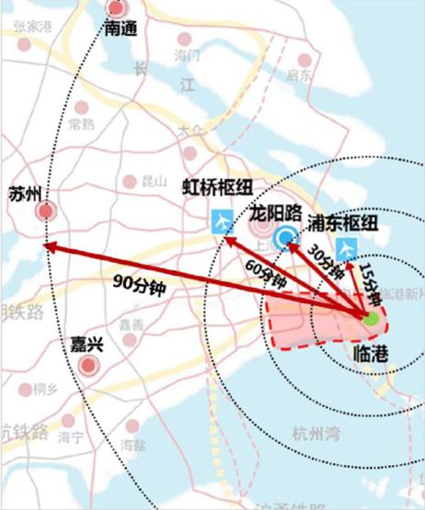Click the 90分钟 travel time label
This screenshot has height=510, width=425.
coord(138,284)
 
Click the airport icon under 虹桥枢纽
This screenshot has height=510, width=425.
coord(223,221)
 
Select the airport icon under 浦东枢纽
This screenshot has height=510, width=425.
coord(346,247)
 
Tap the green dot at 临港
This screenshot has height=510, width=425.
coord(370,321)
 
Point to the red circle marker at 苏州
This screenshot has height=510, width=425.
coord(45,212)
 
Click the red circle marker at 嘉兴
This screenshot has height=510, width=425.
coord(89,367)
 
